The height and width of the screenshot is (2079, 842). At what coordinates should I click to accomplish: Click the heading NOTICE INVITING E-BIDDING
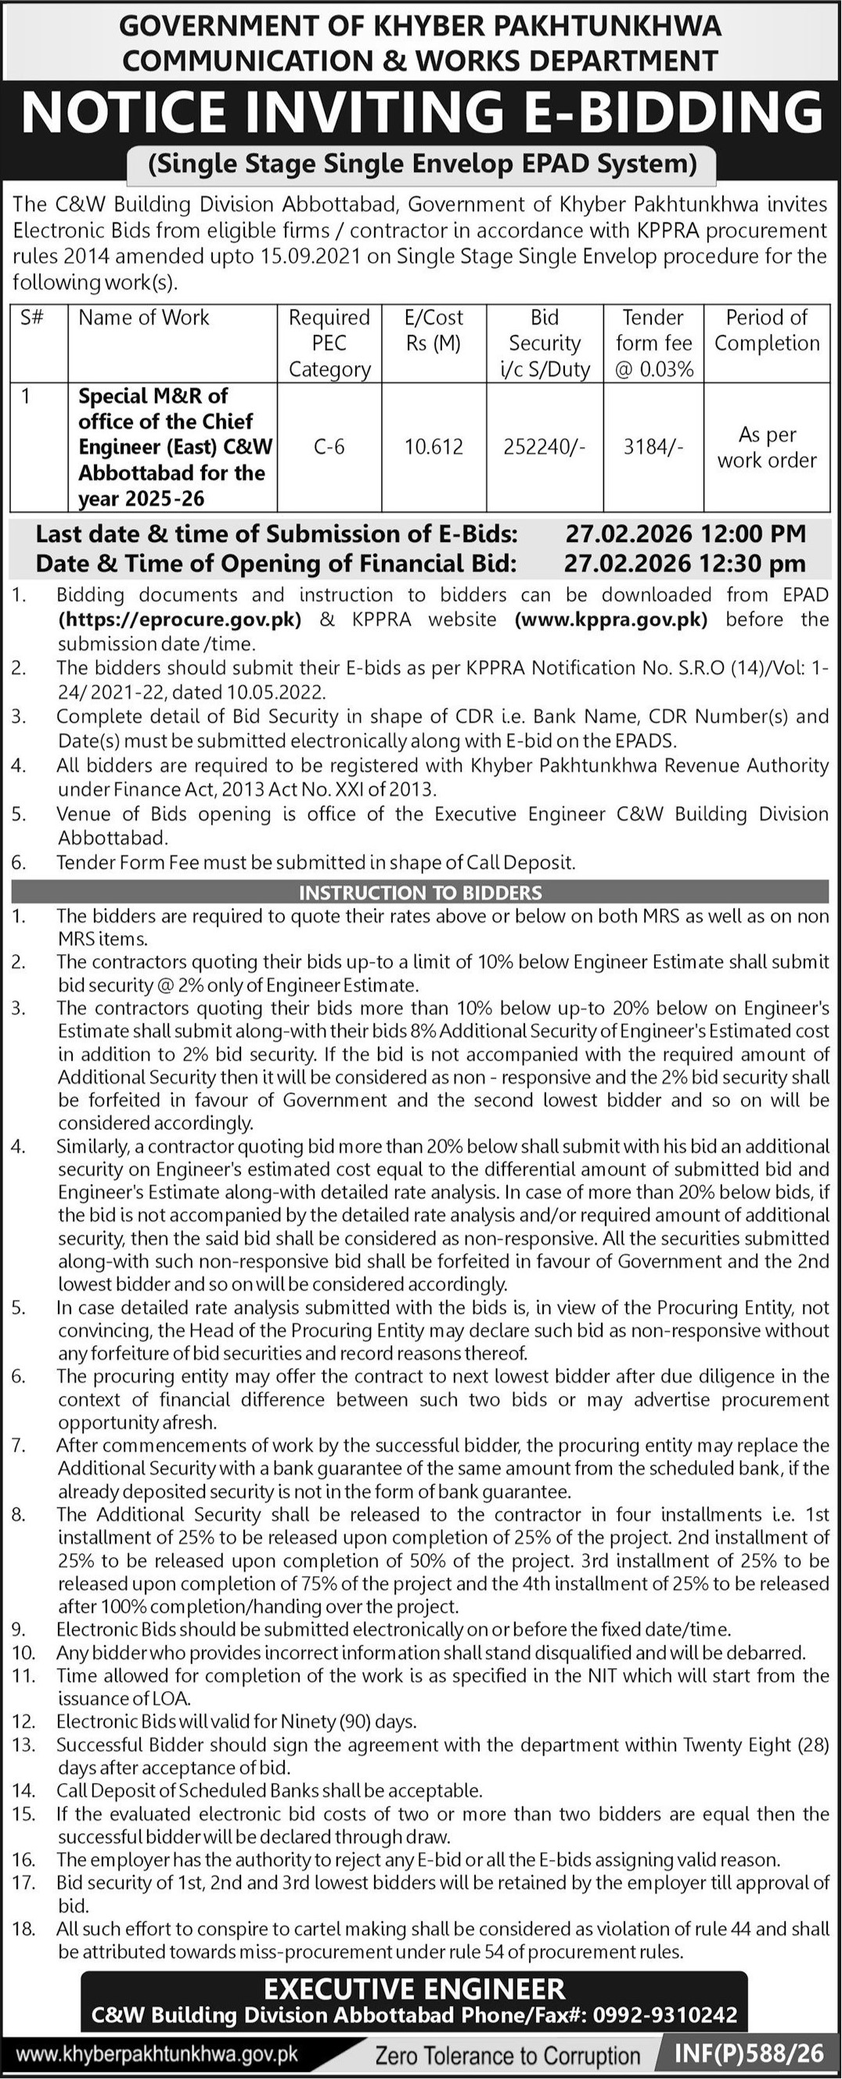pyautogui.click(x=420, y=112)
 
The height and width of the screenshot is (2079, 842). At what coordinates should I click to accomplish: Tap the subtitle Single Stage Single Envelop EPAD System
pyautogui.click(x=423, y=163)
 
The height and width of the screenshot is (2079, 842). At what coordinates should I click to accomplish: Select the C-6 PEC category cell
pyautogui.click(x=329, y=447)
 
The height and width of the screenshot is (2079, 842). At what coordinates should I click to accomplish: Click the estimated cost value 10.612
pyautogui.click(x=434, y=447)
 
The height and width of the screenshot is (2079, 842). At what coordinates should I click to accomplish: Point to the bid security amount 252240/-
pyautogui.click(x=544, y=447)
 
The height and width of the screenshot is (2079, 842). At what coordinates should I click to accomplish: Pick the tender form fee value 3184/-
pyautogui.click(x=653, y=447)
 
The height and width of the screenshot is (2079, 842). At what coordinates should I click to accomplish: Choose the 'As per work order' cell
pyautogui.click(x=766, y=447)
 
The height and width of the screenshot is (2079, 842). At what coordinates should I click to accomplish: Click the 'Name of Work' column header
pyautogui.click(x=144, y=318)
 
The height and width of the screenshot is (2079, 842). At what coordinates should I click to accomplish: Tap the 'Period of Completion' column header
pyautogui.click(x=766, y=330)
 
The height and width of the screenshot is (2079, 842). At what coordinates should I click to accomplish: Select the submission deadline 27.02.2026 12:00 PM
pyautogui.click(x=685, y=533)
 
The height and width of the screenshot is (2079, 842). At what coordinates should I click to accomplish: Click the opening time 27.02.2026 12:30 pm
pyautogui.click(x=685, y=562)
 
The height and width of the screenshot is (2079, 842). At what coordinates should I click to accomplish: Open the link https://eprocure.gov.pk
pyautogui.click(x=180, y=619)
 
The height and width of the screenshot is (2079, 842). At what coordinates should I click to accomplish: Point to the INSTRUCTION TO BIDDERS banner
pyautogui.click(x=419, y=892)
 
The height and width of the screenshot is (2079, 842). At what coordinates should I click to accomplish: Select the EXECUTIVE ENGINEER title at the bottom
pyautogui.click(x=415, y=1988)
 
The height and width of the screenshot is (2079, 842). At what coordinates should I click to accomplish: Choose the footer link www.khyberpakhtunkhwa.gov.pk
pyautogui.click(x=157, y=2054)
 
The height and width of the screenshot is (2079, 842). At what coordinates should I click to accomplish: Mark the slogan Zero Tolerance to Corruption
pyautogui.click(x=508, y=2056)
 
